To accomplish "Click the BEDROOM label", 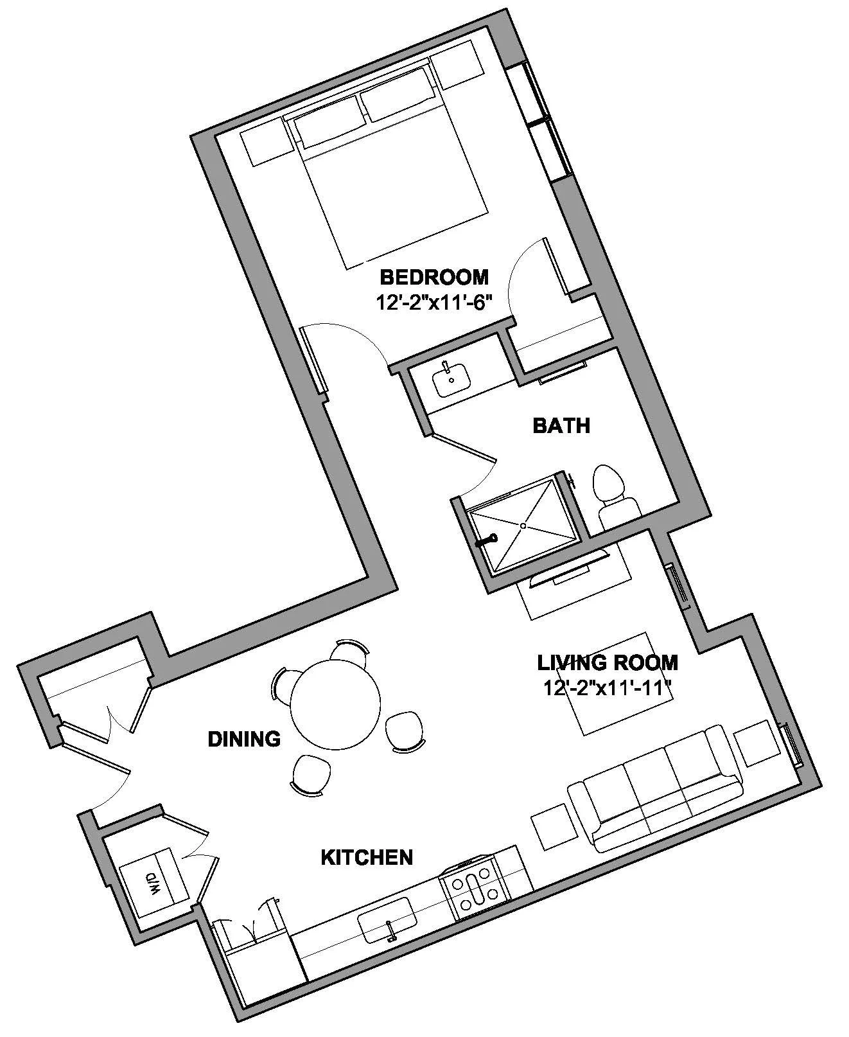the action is (x=434, y=278).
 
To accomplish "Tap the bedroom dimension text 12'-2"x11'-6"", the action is (x=434, y=301).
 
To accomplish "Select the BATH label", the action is (x=561, y=425).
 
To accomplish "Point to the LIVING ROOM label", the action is (x=607, y=662).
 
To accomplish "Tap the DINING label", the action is (x=244, y=740).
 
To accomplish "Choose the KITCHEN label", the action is (x=366, y=857).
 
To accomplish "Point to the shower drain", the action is (x=523, y=526).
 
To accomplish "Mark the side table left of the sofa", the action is (x=554, y=826).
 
